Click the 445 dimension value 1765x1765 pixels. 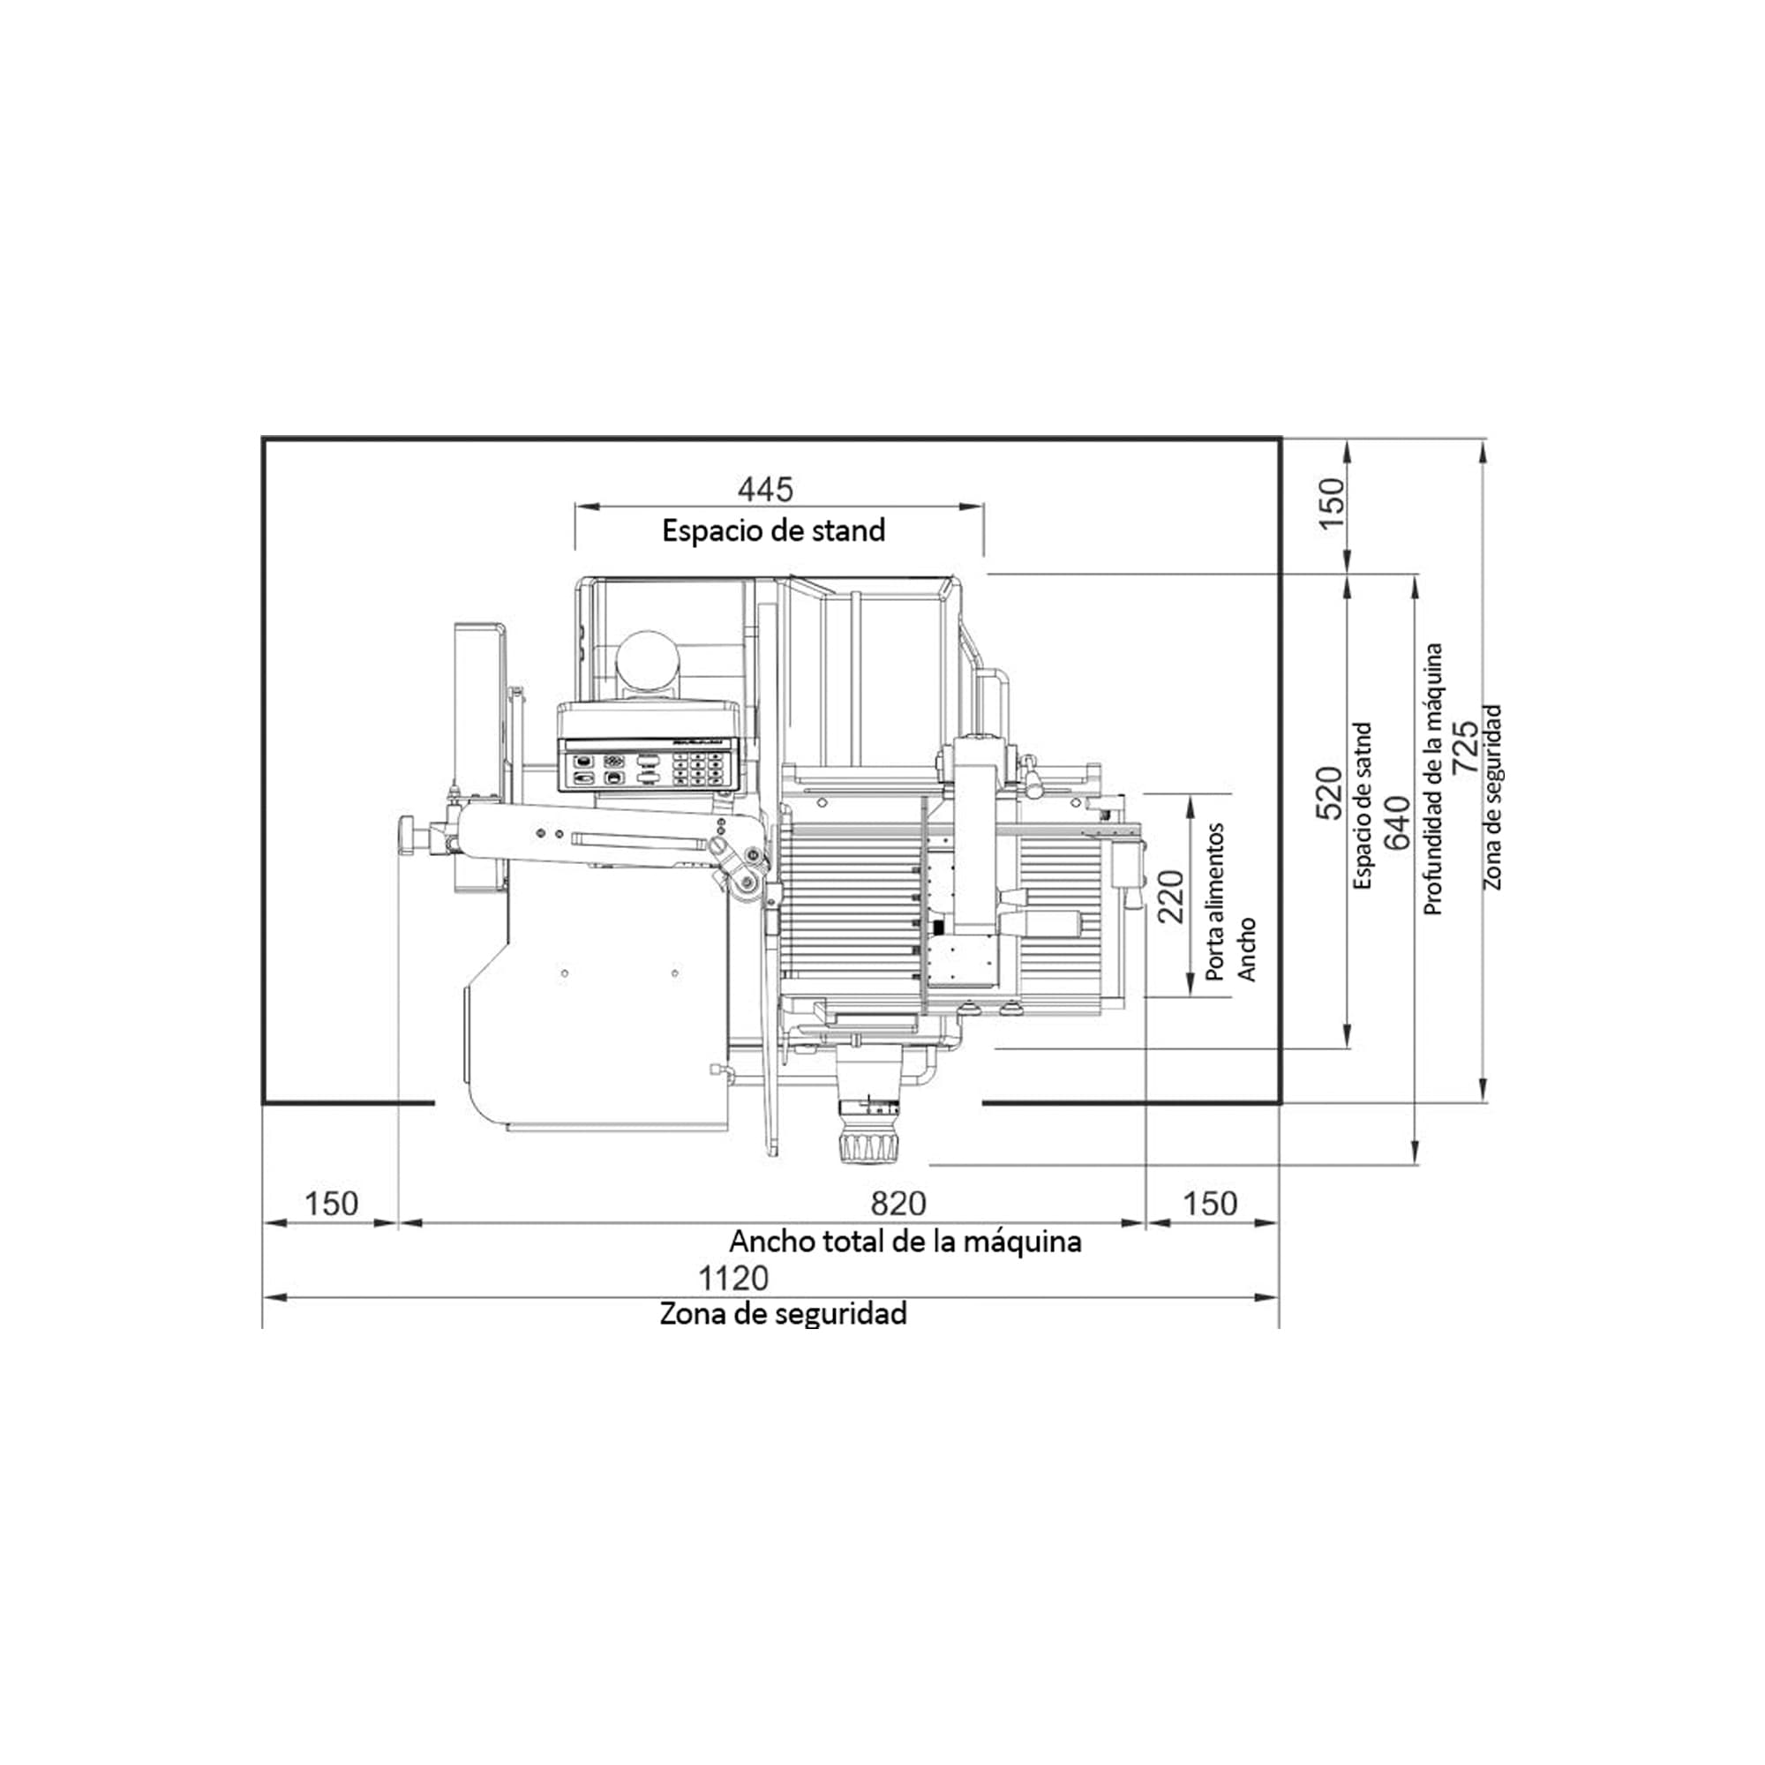point(765,490)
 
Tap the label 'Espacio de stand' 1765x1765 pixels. point(774,530)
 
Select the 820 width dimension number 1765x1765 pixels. point(898,1203)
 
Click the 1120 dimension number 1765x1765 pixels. point(733,1277)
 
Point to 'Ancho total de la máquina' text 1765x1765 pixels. point(905,1242)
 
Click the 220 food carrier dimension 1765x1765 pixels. point(1170,897)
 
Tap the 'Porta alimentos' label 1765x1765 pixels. point(1215,903)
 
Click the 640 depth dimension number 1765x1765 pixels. point(1397,823)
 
